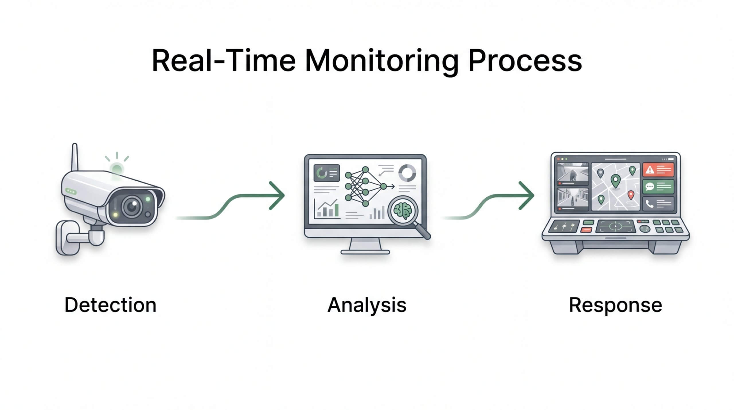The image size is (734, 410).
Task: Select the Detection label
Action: (x=110, y=305)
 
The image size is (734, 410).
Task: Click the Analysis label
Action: (x=367, y=305)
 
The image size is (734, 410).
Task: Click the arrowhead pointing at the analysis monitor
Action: (x=278, y=196)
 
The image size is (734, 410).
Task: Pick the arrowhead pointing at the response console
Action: (x=527, y=196)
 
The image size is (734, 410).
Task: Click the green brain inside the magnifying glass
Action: (x=403, y=211)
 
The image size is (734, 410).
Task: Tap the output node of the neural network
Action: (x=383, y=187)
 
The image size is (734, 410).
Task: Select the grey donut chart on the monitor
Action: (x=407, y=172)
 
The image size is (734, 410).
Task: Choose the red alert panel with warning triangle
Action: (x=658, y=170)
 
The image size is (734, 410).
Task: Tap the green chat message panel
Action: (x=658, y=187)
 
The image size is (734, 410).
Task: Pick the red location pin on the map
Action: (x=630, y=195)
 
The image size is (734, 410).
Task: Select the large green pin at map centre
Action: (x=615, y=181)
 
